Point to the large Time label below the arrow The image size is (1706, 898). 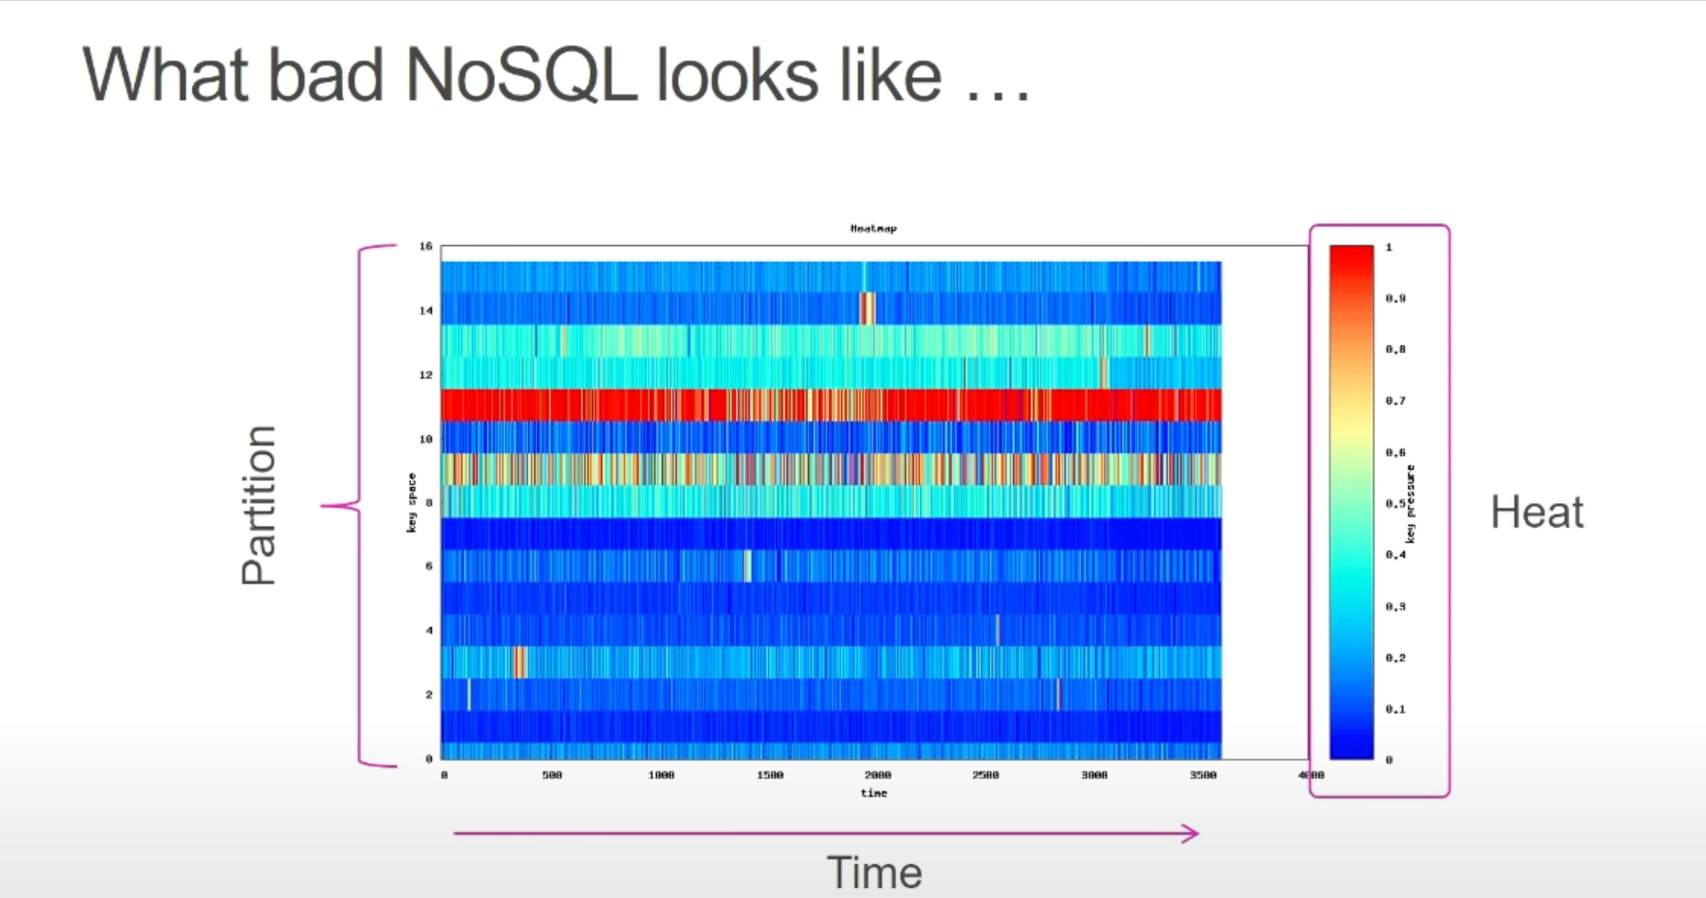point(874,872)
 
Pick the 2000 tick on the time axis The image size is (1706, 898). point(878,775)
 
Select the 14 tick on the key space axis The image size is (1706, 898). point(426,310)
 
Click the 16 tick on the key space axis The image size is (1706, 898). point(426,247)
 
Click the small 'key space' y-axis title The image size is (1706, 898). point(412,502)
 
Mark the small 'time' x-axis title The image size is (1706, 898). point(874,793)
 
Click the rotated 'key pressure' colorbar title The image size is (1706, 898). point(1411,504)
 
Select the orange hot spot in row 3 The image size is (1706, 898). point(520,662)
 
